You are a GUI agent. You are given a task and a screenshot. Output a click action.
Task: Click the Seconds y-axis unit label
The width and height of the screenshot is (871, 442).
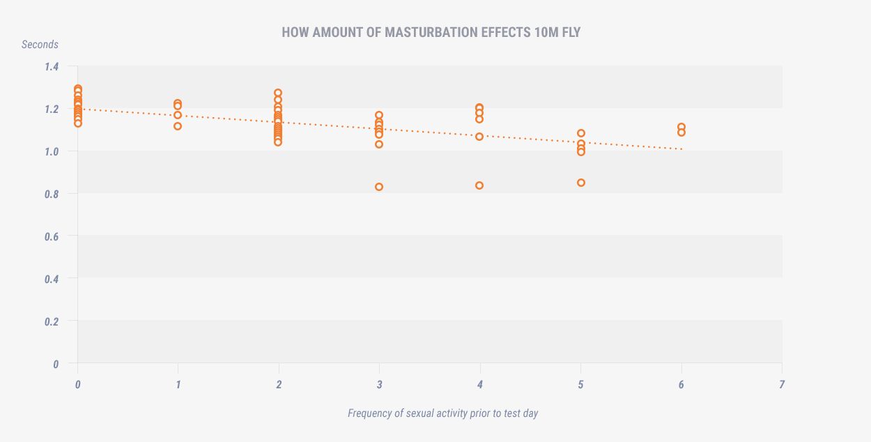40,45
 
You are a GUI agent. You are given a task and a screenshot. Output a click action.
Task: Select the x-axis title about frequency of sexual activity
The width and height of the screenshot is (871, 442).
442,413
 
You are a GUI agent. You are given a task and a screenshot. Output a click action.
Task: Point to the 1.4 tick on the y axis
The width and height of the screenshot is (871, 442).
52,67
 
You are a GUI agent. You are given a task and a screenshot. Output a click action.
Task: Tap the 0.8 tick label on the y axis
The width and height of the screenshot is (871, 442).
52,194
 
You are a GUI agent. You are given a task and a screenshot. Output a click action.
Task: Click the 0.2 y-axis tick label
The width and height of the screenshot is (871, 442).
52,321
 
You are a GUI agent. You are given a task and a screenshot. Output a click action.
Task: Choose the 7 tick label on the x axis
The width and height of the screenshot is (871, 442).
782,384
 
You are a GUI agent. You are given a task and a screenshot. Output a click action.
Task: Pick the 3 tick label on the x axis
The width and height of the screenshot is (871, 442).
379,384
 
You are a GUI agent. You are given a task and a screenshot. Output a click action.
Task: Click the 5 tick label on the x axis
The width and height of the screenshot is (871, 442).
580,384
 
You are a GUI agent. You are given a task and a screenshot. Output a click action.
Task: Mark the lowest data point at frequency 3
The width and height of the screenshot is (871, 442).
379,187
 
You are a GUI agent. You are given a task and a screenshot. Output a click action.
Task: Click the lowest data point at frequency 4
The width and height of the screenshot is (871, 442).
479,185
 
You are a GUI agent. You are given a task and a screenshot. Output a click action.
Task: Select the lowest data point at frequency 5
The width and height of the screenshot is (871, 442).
581,183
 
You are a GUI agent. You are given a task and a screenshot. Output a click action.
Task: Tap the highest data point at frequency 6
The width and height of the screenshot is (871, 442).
681,127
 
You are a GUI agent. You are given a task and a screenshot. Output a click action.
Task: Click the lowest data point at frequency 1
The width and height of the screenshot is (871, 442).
178,126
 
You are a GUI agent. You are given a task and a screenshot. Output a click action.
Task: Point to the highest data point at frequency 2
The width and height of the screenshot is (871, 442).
278,93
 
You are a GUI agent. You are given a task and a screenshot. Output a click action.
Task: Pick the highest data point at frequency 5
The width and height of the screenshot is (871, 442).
581,133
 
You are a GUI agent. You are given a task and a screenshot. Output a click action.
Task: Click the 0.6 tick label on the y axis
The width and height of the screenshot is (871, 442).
52,236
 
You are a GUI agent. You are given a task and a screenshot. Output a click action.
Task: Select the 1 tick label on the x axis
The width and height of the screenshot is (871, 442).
178,384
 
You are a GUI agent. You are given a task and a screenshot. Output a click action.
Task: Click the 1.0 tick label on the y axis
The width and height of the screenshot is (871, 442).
52,151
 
